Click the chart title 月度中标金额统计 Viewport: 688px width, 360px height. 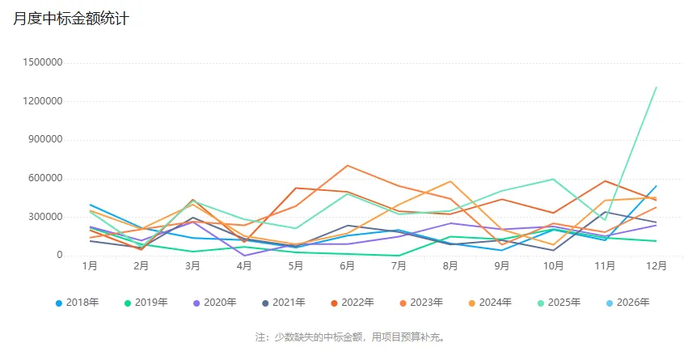[71, 19]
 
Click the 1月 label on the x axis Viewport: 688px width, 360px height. [90, 265]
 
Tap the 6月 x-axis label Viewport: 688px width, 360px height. [347, 265]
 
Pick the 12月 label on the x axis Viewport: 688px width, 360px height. [656, 265]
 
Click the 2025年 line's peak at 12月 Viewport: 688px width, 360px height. [656, 87]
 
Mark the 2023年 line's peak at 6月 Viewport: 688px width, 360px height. [347, 166]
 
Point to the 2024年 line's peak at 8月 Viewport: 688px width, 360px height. [450, 181]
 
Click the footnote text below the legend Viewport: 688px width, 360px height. [350, 337]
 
